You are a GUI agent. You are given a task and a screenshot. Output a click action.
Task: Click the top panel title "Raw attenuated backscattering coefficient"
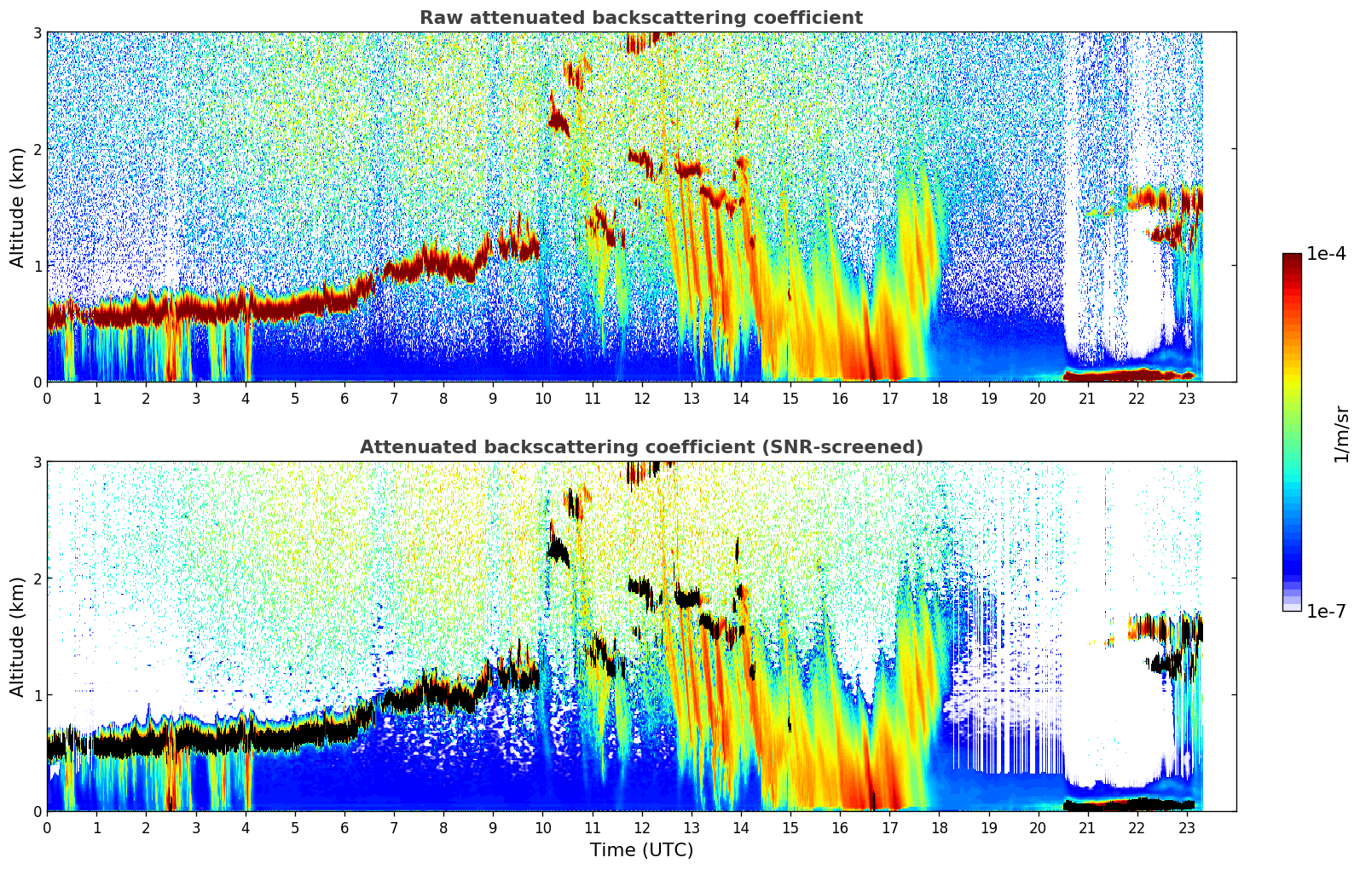coord(640,18)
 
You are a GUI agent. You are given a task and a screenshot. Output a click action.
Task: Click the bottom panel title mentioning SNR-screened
coord(640,447)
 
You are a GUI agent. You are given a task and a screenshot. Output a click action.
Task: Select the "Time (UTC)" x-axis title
coord(641,850)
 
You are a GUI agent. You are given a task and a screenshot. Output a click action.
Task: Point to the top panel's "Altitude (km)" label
coord(17,207)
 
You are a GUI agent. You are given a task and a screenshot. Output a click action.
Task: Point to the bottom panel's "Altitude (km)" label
coord(17,636)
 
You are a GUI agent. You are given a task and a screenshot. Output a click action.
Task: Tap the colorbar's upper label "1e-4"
coord(1326,254)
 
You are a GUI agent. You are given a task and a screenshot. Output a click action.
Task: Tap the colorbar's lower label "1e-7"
coord(1326,611)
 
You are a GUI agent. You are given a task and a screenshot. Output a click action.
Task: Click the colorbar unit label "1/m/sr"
coord(1341,434)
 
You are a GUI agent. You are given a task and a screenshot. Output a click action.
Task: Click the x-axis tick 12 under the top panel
coord(641,398)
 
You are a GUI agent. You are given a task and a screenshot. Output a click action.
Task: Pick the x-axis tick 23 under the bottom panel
coord(1186,827)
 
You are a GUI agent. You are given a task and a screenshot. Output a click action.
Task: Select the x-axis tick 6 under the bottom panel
coord(344,827)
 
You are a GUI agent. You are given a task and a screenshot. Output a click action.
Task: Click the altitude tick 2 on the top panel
coord(37,149)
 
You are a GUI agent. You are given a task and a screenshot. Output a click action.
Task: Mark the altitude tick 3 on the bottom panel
coord(37,463)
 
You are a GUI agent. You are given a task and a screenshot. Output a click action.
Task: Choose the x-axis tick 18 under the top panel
coord(939,398)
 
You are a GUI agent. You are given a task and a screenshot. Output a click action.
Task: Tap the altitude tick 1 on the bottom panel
coord(37,695)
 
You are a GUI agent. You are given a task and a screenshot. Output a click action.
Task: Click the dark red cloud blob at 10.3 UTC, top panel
coord(558,122)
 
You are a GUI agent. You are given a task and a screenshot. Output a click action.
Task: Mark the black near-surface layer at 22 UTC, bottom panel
coord(1136,803)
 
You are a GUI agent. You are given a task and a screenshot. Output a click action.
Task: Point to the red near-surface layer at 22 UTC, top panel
coord(1136,374)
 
